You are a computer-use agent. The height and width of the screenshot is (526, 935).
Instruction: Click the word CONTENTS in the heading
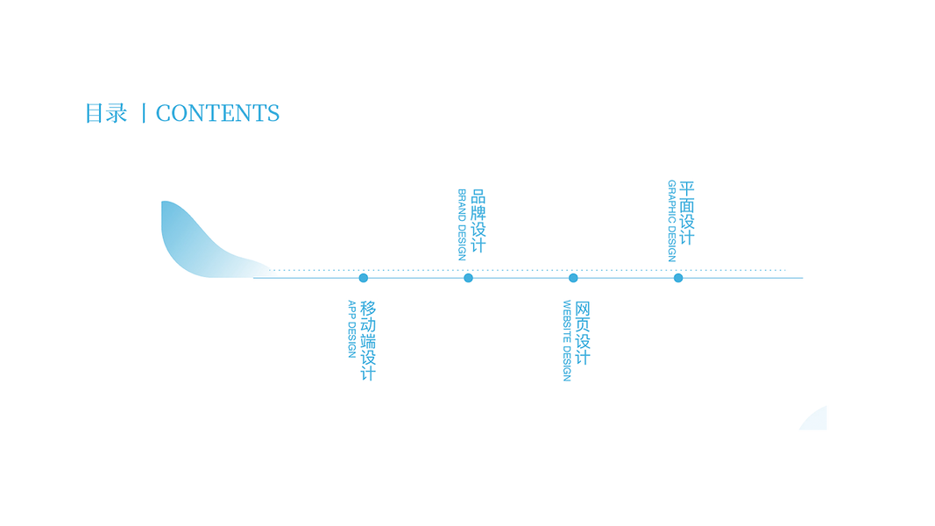217,113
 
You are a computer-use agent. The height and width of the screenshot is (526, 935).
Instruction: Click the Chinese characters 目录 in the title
106,113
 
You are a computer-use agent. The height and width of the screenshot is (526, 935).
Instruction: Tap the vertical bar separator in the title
143,113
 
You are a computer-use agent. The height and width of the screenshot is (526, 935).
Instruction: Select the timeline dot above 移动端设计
364,278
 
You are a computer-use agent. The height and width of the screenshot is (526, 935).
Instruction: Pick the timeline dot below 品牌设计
468,278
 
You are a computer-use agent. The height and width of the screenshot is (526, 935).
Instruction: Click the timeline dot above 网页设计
573,278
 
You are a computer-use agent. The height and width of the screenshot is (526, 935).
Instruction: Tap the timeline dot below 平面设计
678,278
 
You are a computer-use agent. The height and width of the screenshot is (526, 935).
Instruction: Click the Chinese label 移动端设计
368,340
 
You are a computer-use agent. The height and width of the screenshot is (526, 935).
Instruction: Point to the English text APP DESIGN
352,329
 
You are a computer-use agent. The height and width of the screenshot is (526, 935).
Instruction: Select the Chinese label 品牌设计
478,221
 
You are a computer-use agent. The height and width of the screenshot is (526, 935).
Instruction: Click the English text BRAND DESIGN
462,224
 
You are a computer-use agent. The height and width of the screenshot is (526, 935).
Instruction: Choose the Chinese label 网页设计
583,332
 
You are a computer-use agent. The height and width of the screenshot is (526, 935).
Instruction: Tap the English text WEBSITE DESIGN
567,340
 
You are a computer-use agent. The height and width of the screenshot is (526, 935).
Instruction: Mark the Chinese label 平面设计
687,213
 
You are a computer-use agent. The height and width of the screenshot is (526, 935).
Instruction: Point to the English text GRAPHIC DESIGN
671,221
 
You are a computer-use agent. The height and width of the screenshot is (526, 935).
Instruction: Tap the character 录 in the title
117,113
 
